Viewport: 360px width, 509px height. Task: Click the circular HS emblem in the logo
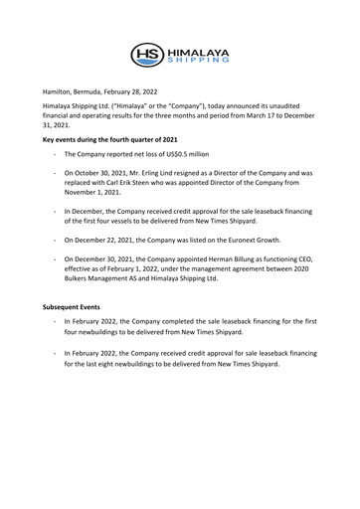tap(150, 55)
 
